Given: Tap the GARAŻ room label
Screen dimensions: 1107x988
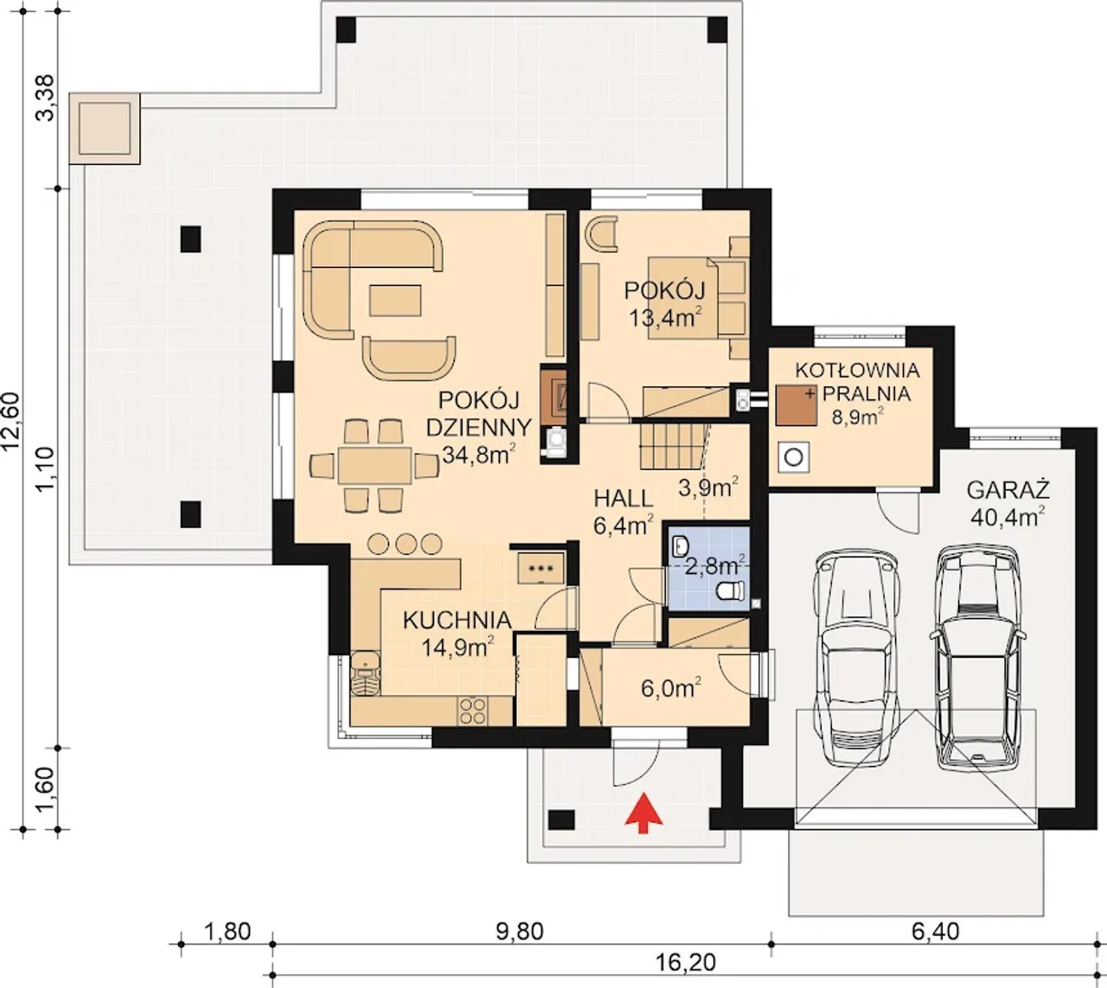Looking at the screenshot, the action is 1008,490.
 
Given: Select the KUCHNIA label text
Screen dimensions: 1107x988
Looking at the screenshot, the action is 458,621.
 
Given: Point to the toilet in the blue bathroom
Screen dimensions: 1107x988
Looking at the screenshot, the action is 730,590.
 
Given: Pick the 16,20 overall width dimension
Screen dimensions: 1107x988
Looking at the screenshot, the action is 685,962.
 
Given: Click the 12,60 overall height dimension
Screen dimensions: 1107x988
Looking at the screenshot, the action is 12,422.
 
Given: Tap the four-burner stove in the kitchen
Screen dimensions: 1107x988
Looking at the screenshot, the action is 472,711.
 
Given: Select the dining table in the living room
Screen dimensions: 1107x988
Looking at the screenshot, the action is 374,465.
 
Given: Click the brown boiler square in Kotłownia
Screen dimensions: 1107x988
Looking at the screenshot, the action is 797,405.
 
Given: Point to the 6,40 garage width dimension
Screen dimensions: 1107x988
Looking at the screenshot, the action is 936,931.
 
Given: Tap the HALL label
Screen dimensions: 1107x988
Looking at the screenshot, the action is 624,498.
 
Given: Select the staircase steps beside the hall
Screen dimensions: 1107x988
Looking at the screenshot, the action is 675,446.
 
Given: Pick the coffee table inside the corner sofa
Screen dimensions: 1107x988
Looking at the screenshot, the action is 395,301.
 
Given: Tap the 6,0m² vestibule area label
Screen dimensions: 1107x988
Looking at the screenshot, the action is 671,688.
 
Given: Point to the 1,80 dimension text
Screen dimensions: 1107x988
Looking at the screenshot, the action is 227,931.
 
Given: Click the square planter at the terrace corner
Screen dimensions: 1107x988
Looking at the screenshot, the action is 105,128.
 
